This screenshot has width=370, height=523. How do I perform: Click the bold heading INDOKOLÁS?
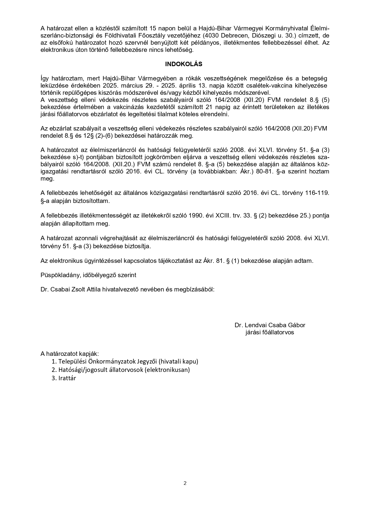184,64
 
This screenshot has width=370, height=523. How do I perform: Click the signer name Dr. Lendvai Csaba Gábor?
270,325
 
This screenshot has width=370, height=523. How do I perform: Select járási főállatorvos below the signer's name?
270,332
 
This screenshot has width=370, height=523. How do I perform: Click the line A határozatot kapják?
69,354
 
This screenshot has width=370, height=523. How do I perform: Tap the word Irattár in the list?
67,378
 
